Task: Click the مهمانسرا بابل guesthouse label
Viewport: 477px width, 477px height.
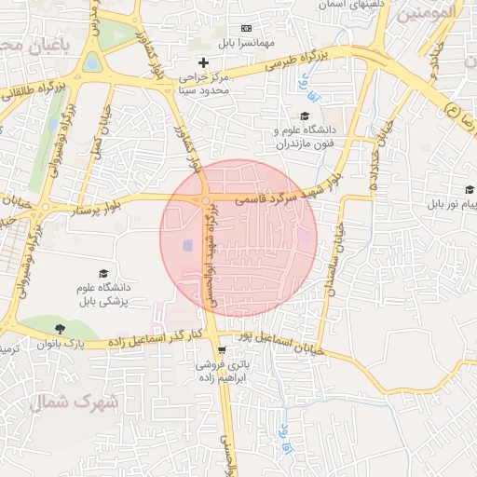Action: tap(245, 43)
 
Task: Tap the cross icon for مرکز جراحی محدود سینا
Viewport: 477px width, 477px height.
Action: tap(204, 61)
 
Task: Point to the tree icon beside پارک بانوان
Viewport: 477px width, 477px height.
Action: tap(60, 328)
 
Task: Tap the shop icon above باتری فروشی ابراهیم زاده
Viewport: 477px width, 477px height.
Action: tap(221, 350)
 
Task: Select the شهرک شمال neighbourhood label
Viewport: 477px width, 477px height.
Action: tap(71, 402)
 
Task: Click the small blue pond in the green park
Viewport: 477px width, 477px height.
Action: tap(91, 62)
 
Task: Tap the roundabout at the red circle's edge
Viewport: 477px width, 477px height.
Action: tap(205, 201)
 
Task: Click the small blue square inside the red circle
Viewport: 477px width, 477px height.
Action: tap(185, 245)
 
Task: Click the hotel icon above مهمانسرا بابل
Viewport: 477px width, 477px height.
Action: tap(245, 29)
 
